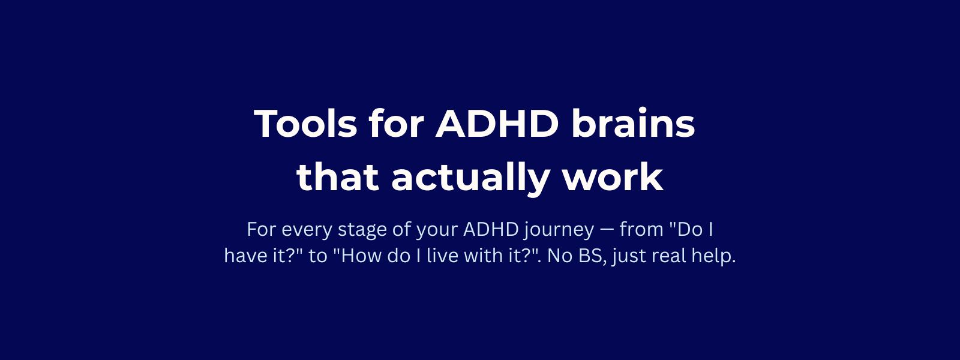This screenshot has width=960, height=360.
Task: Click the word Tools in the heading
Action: [305, 124]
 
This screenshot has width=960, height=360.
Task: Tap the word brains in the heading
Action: [633, 124]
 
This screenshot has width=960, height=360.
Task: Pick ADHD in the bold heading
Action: [497, 124]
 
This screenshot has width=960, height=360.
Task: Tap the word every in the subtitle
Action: [307, 230]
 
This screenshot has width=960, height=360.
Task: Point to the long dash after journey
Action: [607, 230]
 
